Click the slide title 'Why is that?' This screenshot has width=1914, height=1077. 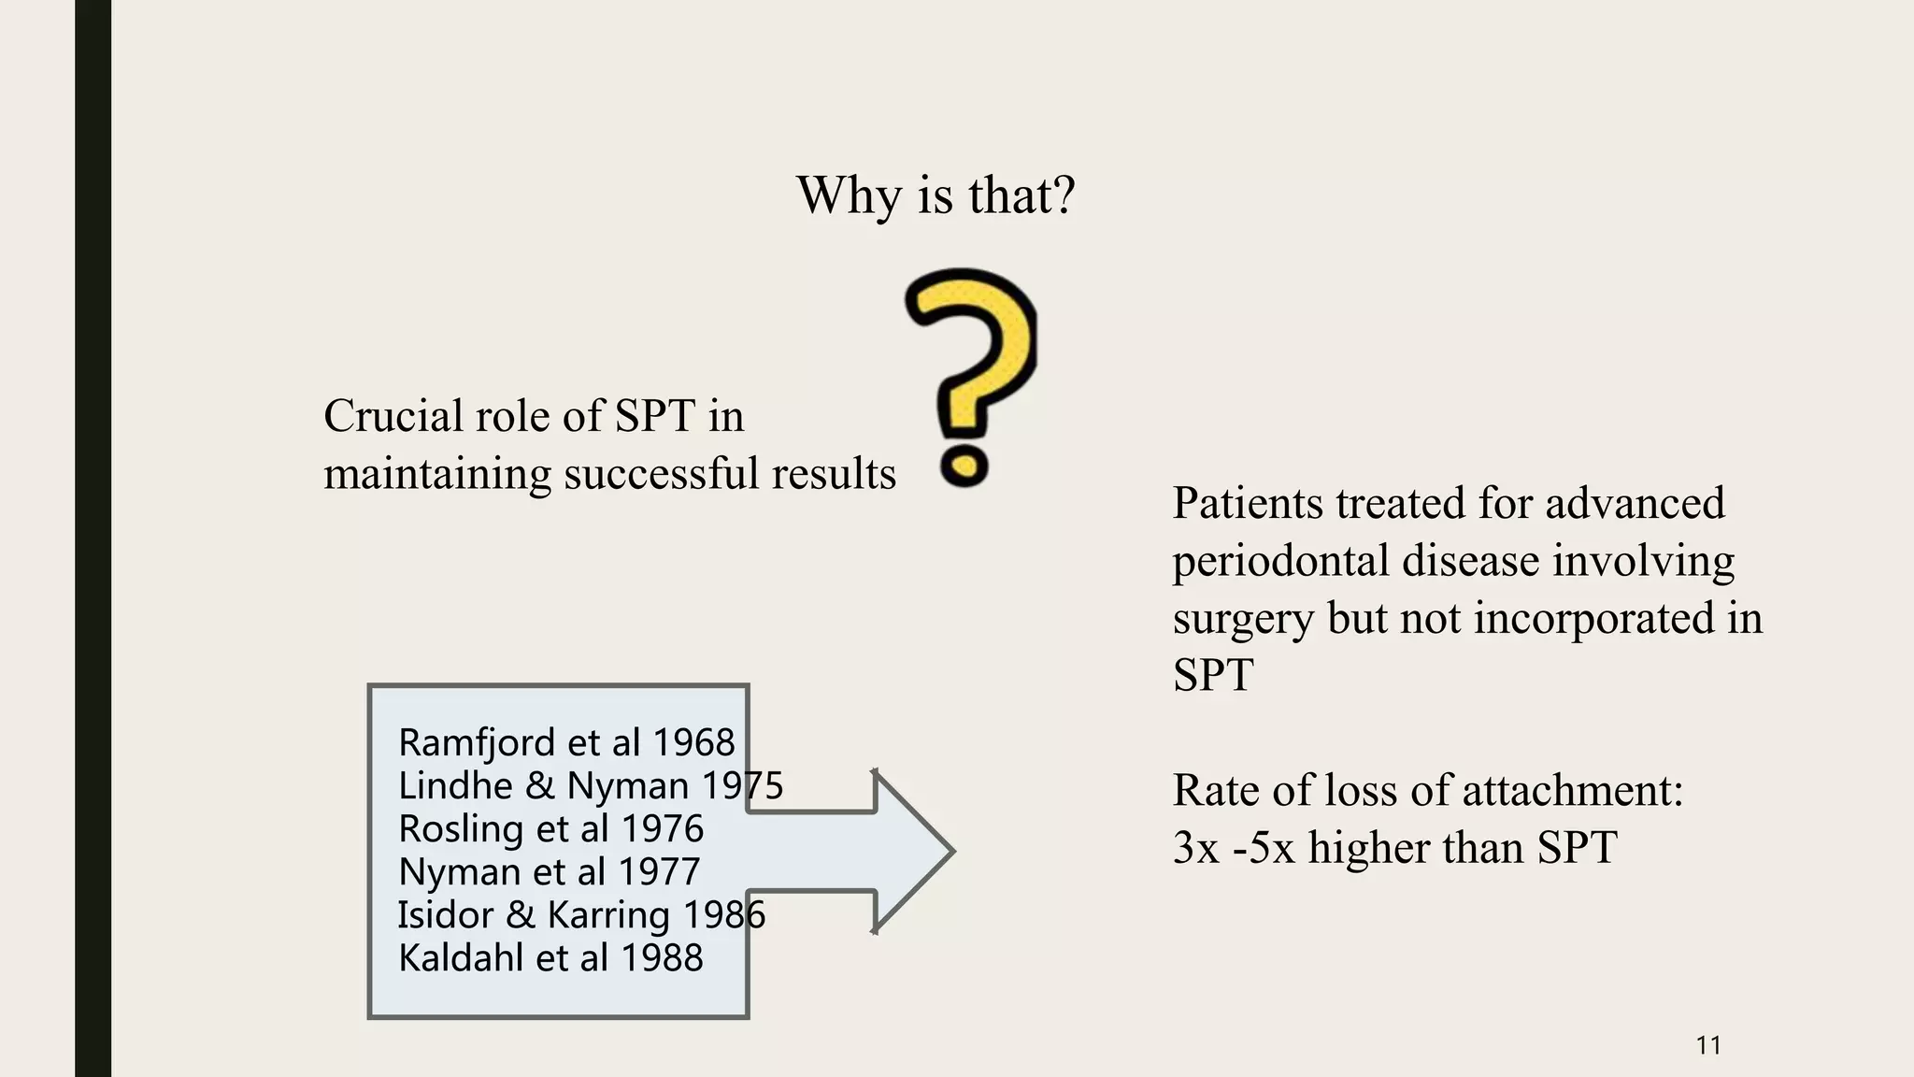coord(936,195)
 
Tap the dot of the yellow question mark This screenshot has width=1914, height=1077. coord(964,465)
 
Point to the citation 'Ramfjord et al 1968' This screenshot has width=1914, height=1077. coord(566,742)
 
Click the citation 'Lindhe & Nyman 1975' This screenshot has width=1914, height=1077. coord(591,785)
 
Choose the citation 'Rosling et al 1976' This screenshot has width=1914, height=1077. coord(550,828)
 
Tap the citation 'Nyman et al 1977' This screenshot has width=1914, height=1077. coord(549,871)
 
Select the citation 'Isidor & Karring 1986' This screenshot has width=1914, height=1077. coord(581,914)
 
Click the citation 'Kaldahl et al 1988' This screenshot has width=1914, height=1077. coord(550,957)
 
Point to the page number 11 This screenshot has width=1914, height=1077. coord(1708,1045)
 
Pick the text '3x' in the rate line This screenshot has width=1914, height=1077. coord(1196,848)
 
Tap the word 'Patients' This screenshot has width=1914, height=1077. coord(1248,503)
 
